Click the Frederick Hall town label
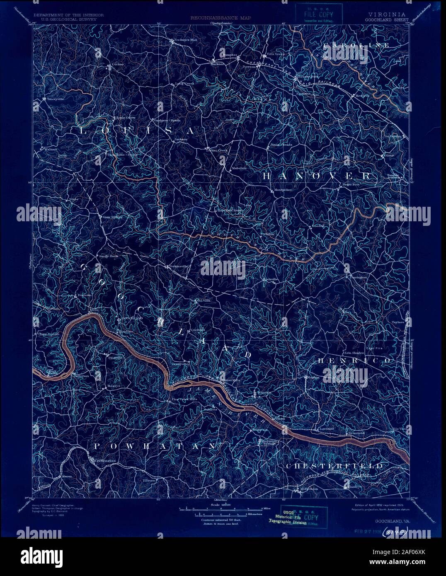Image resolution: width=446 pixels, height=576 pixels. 185,40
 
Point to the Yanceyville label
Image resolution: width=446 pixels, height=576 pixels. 54,99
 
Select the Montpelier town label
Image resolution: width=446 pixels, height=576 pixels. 283,190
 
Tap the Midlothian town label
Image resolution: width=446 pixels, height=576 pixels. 309,489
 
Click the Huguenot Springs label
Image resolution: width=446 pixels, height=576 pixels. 269,443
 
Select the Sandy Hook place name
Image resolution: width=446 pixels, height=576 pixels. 108,256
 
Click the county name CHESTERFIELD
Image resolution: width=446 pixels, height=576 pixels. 334,466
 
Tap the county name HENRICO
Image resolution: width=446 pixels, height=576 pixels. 355,361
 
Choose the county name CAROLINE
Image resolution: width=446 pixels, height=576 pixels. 356,45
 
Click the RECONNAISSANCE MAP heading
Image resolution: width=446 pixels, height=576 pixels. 221,18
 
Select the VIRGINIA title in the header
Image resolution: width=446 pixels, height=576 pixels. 385,14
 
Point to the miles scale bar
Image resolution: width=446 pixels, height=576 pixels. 220,507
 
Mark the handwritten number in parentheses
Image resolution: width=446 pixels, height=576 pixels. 397,530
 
